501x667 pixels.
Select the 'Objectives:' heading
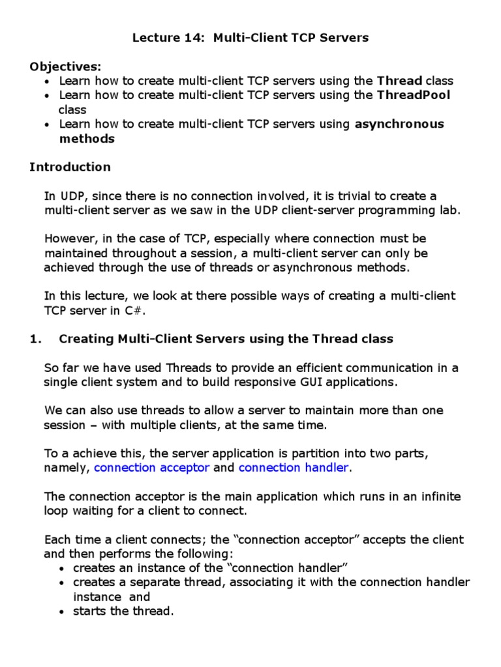tap(65, 66)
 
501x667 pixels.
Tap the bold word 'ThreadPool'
tap(414, 96)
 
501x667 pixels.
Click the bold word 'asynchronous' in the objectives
tap(399, 124)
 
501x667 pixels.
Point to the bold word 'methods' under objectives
tap(87, 139)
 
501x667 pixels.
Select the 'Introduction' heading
tap(70, 167)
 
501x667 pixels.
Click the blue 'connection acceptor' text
tap(152, 468)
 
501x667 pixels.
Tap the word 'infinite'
tap(438, 496)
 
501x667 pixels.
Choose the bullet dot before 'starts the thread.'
tap(61, 612)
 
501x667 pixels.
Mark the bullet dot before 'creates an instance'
tap(61, 569)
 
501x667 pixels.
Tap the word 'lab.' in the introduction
tap(451, 210)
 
